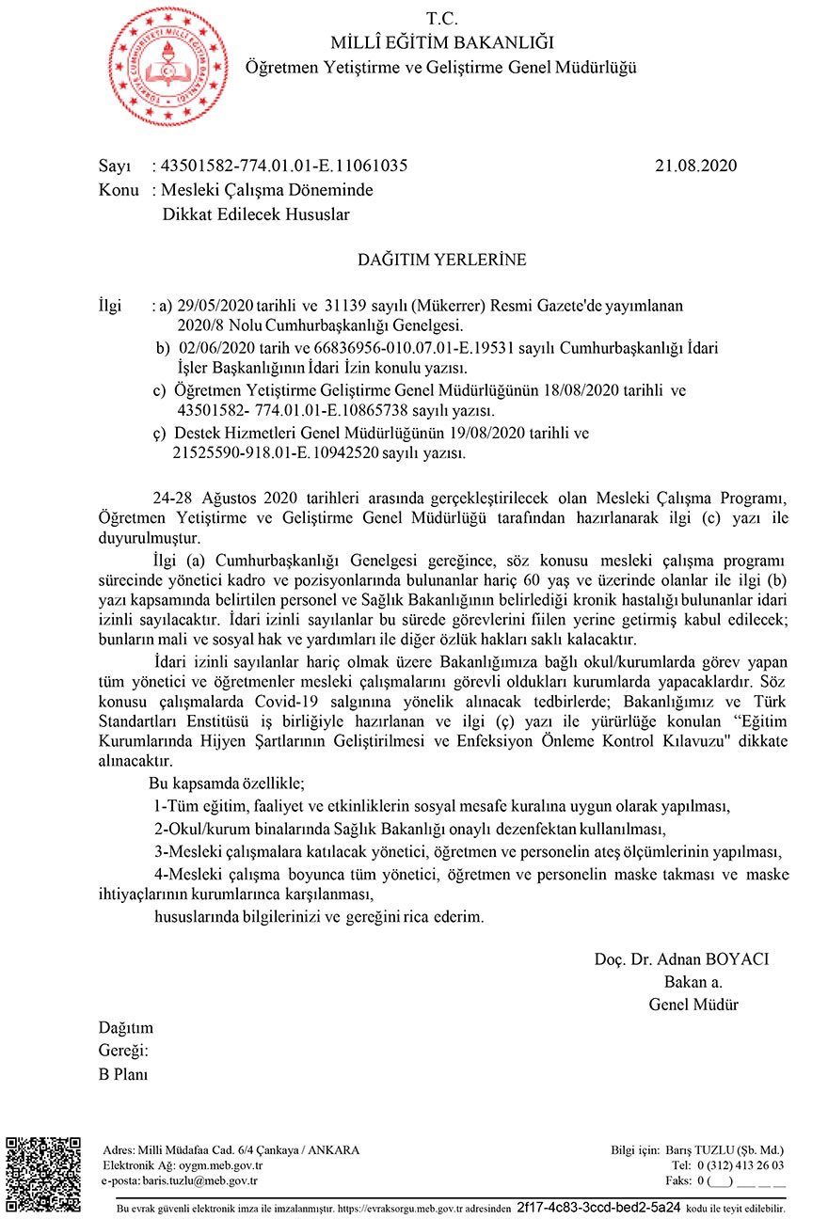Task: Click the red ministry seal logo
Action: (x=168, y=66)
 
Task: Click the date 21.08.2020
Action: (x=695, y=166)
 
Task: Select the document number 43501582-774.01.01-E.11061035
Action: (x=284, y=166)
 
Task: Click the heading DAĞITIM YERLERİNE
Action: (x=441, y=260)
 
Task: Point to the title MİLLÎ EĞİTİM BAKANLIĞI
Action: (x=441, y=42)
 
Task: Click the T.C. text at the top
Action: (x=441, y=18)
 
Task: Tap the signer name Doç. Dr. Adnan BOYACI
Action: (x=682, y=959)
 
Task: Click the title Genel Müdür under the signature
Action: (x=693, y=1005)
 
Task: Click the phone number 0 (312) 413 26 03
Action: (x=740, y=1164)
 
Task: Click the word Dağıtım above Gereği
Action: (x=126, y=1028)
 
